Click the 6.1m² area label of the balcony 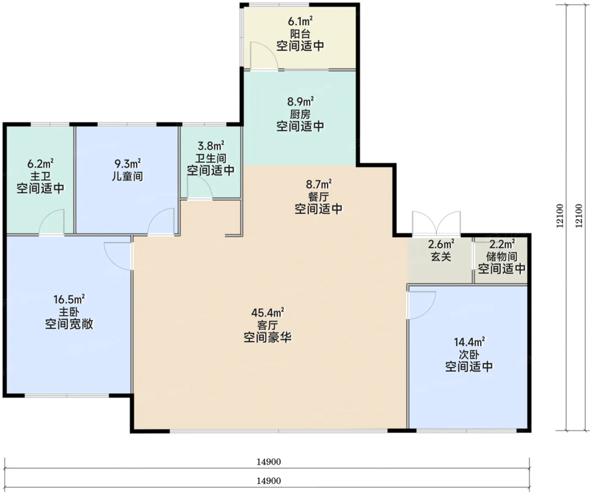300,21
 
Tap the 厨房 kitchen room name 300,114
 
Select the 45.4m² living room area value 268,312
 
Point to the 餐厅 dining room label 319,196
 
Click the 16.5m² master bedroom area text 69,299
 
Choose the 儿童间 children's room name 128,176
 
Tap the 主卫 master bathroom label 40,176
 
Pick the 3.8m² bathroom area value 211,145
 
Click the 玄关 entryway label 441,257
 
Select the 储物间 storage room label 502,257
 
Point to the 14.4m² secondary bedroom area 469,342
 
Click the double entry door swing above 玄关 436,224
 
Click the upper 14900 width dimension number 269,461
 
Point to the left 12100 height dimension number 559,216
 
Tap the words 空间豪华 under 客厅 268,337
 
